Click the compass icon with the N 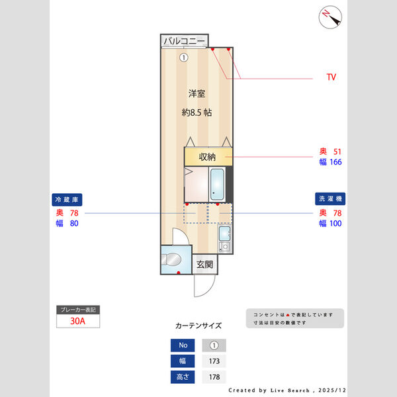pos(330,17)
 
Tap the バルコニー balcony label pos(184,41)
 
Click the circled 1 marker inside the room pos(183,58)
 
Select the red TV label pos(331,77)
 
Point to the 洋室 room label pos(197,93)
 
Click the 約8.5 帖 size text pos(197,112)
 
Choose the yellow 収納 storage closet pos(208,157)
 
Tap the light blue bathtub pos(217,184)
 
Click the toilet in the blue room pos(171,259)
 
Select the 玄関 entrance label pos(204,265)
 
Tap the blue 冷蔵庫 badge pos(67,200)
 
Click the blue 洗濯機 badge pos(330,198)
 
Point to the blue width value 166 pos(335,162)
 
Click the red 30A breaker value pos(77,321)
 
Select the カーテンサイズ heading pos(198,326)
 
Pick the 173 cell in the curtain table pos(214,361)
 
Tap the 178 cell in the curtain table pos(214,377)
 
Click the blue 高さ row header pos(183,377)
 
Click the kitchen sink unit pos(224,238)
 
